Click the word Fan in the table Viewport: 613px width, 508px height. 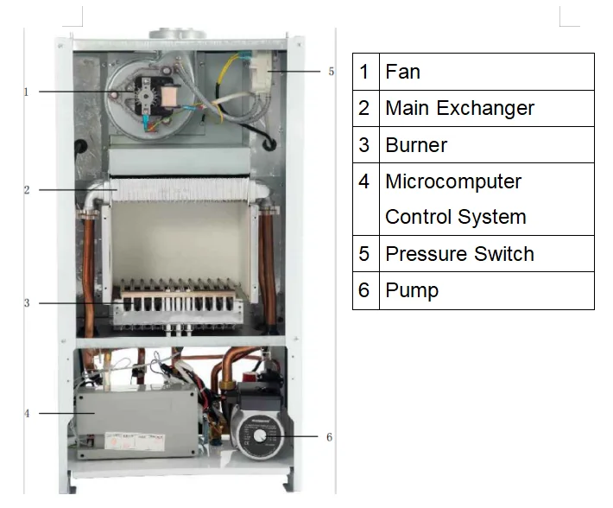pos(402,72)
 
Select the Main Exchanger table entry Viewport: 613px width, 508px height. pos(459,108)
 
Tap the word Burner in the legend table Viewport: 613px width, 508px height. pos(416,144)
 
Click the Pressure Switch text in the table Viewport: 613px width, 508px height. pos(459,254)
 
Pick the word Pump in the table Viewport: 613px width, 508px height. pos(412,290)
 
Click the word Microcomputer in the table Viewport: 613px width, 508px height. pos(453,181)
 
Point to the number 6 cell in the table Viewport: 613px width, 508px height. pos(364,290)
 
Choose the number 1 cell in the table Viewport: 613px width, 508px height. pos(364,72)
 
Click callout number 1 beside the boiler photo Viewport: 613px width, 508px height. pos(26,91)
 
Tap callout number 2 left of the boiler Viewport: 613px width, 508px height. pos(26,189)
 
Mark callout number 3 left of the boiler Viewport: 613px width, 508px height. pos(26,303)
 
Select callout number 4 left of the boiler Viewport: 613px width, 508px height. pos(26,414)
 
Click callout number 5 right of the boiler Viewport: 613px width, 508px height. pos(331,72)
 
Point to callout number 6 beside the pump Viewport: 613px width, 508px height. pos(329,437)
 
